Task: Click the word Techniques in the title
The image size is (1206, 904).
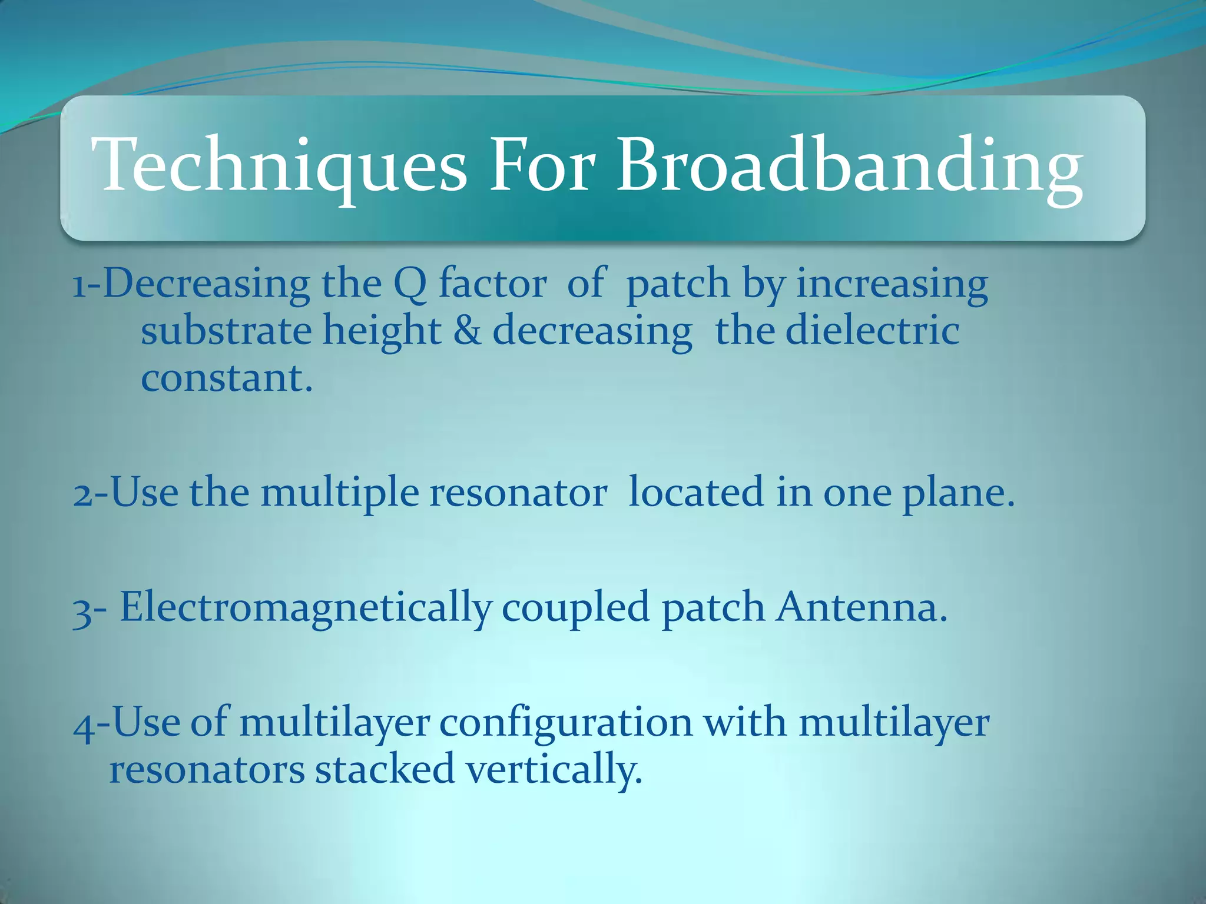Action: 279,166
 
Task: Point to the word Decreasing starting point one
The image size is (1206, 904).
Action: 206,284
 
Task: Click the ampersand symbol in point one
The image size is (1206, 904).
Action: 467,331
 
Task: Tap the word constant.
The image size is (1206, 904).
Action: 226,378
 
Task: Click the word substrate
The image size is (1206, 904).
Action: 226,331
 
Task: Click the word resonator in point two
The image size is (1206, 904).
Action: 518,493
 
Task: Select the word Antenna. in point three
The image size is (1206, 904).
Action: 862,607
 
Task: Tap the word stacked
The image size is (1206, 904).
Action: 385,769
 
